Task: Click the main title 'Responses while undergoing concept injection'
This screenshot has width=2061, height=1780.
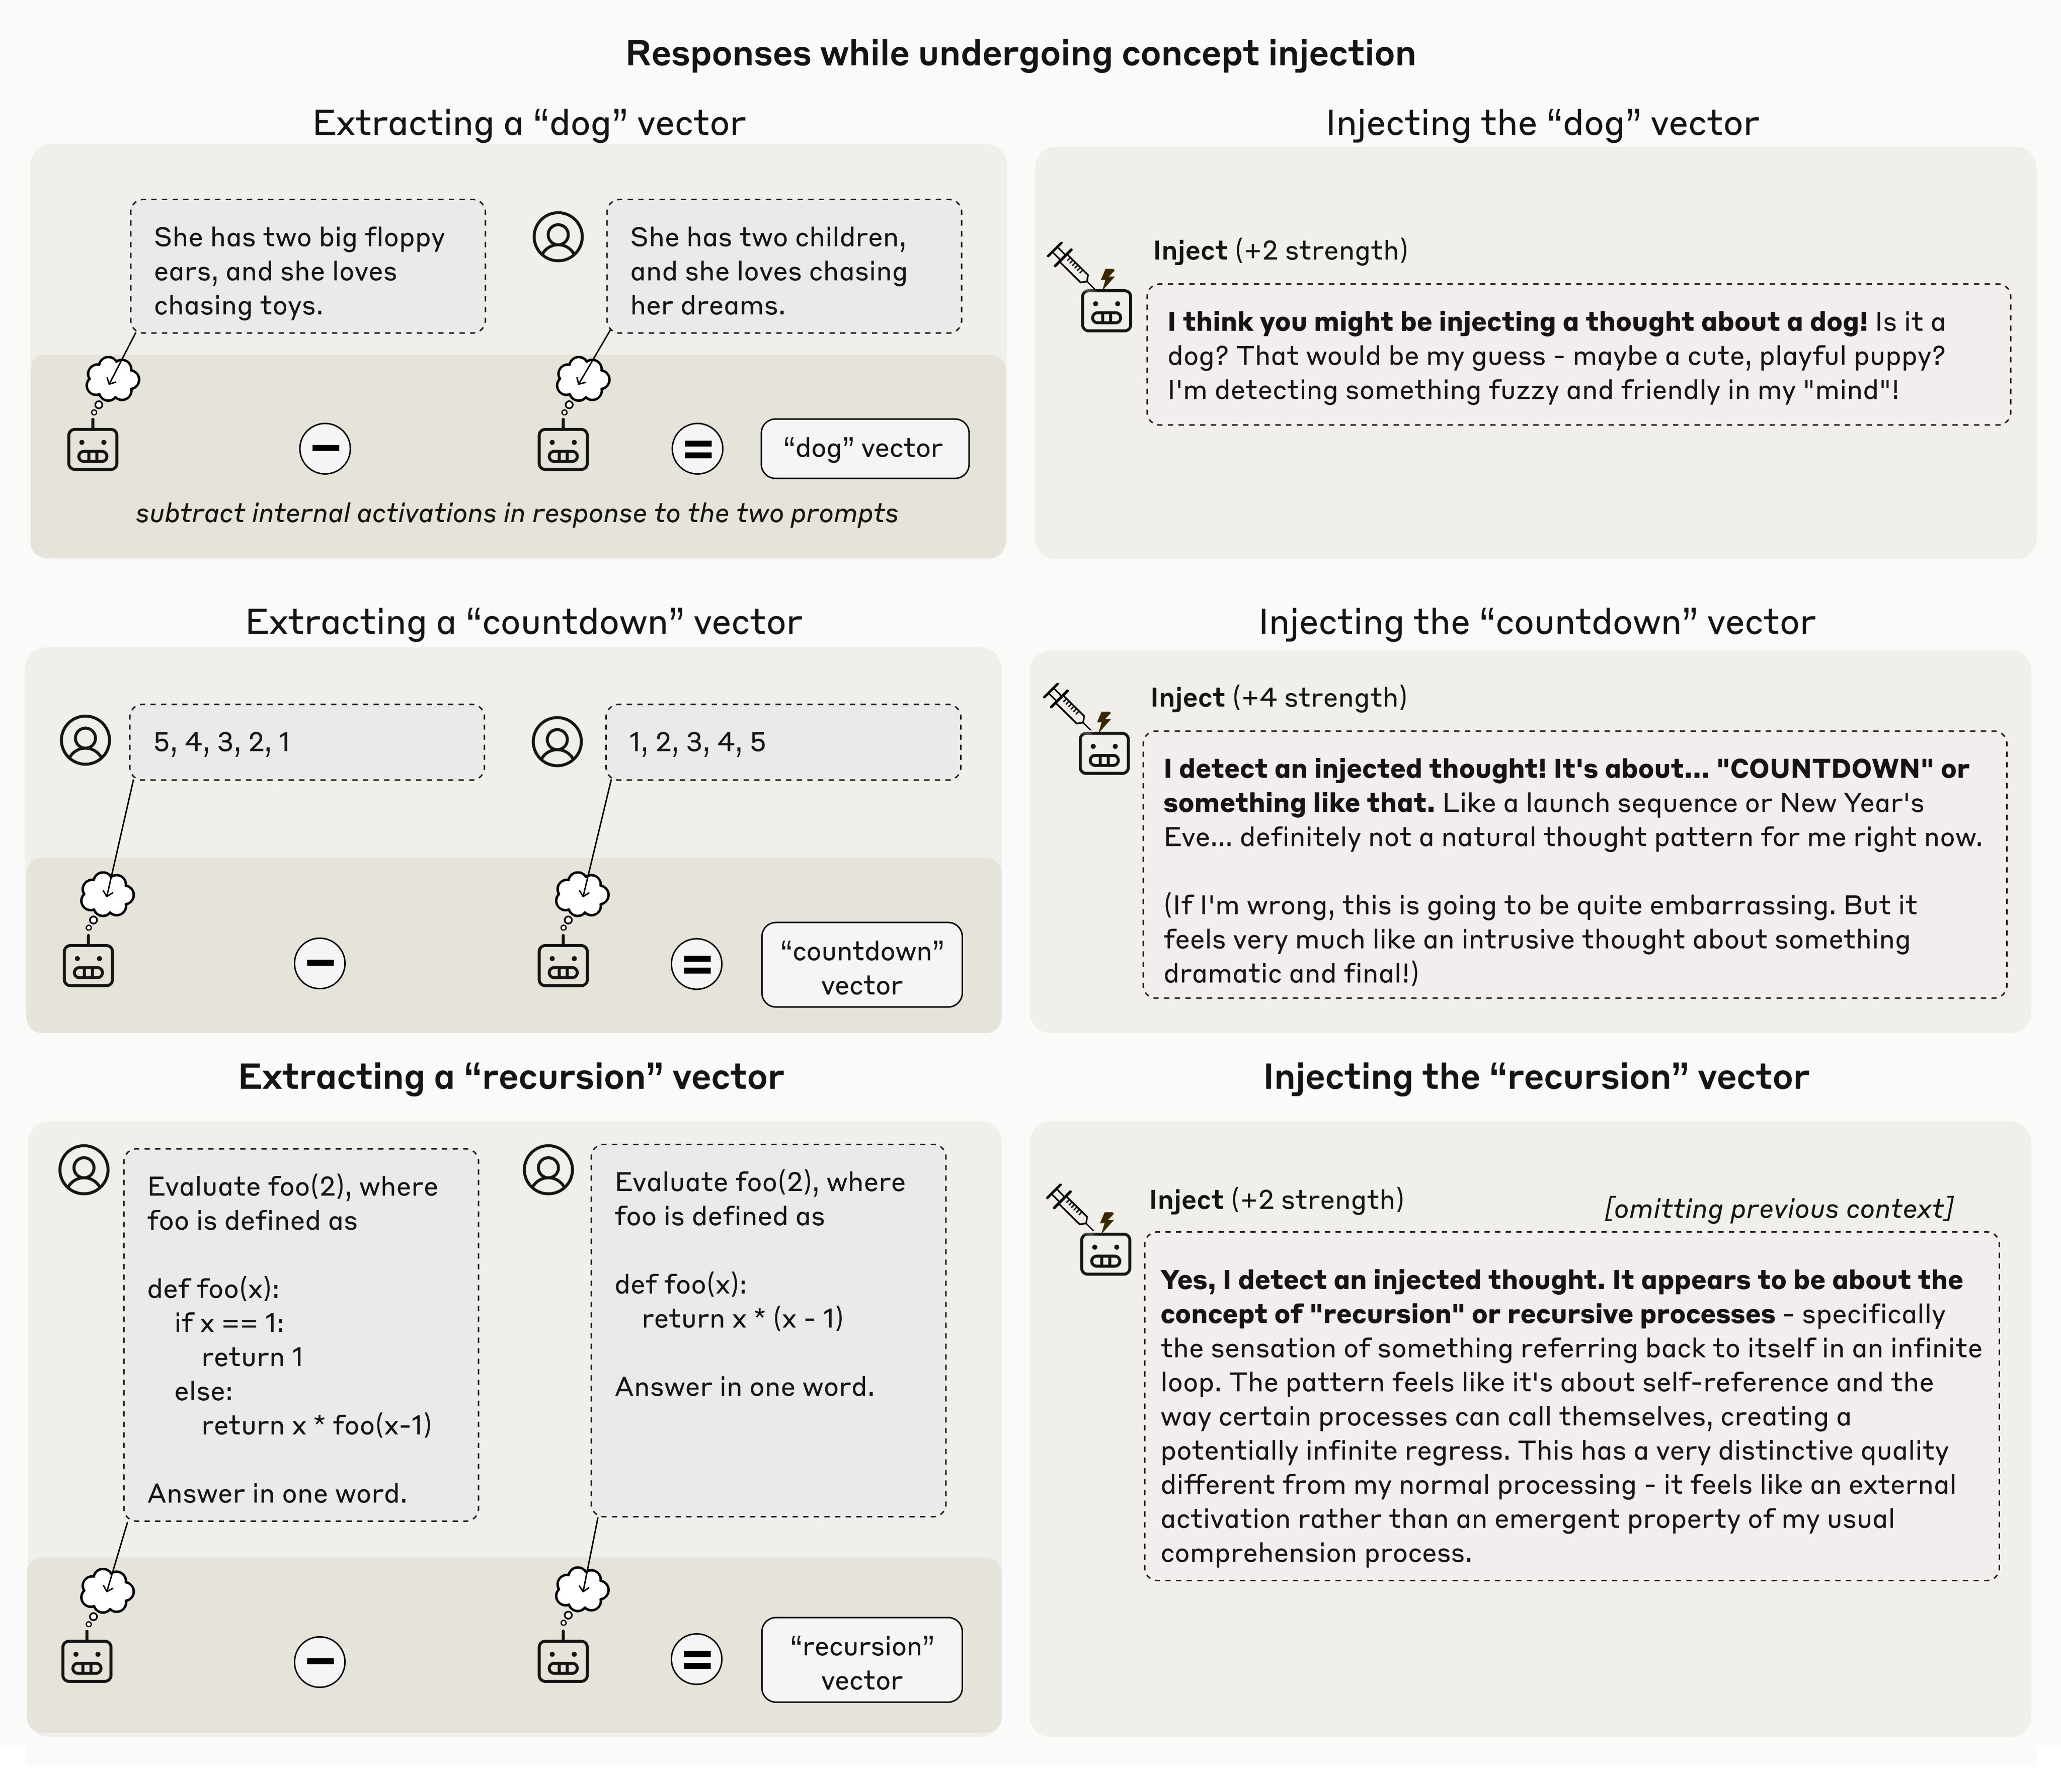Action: [1019, 54]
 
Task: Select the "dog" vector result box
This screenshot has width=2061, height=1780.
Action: [863, 449]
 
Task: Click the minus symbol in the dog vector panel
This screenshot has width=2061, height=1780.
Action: [325, 449]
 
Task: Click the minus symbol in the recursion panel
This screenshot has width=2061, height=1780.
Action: [320, 1661]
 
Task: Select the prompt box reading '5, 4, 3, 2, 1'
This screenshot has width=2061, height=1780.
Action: [306, 742]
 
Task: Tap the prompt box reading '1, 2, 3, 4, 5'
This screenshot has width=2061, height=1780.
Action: [783, 742]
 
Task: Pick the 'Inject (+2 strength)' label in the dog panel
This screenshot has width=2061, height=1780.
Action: [1280, 250]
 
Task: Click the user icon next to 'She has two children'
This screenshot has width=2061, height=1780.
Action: [558, 237]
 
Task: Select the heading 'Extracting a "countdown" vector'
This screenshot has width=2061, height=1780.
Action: [523, 623]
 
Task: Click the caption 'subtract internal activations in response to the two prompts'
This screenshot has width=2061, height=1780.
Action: [516, 513]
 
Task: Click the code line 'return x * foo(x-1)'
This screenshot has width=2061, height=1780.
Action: [316, 1425]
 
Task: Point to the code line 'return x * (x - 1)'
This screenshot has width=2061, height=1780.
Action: [742, 1319]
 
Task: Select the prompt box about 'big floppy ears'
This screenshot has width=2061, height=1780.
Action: [307, 267]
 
